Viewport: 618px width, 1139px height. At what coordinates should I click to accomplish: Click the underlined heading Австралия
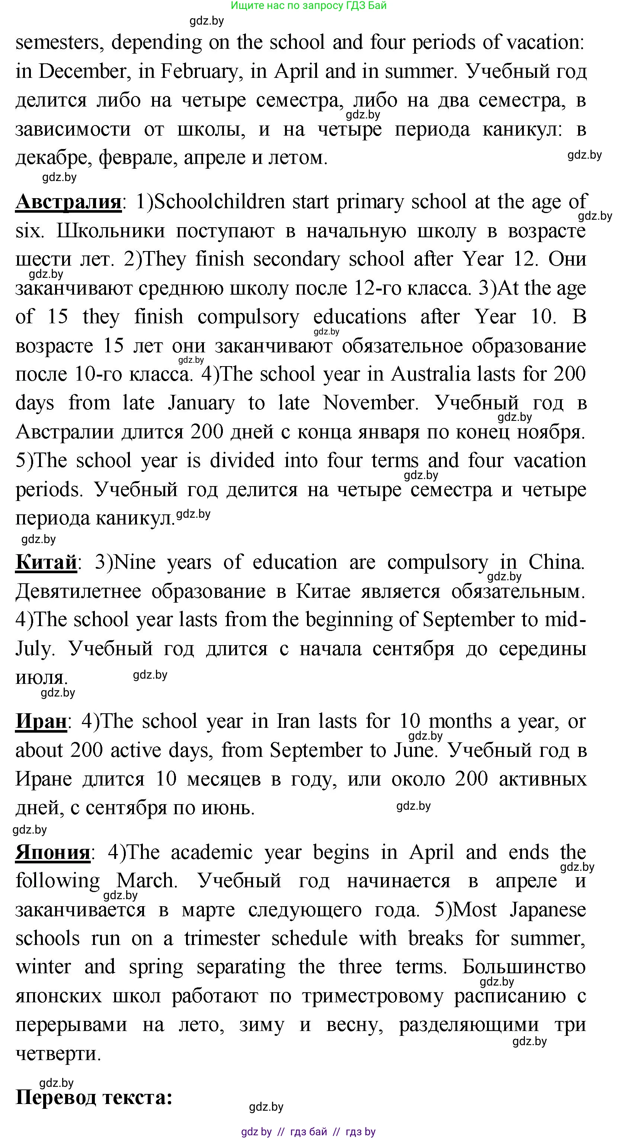pyautogui.click(x=68, y=202)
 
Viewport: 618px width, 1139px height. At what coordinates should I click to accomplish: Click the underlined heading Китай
pyautogui.click(x=46, y=563)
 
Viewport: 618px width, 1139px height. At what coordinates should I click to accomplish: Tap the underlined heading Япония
pyautogui.click(x=52, y=853)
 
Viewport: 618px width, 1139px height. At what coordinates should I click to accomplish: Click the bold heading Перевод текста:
pyautogui.click(x=94, y=1098)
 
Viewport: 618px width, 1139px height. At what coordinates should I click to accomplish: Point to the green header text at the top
pyautogui.click(x=308, y=6)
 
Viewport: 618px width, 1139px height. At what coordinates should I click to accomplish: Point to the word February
pyautogui.click(x=200, y=72)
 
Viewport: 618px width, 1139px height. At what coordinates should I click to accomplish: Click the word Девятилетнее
pyautogui.click(x=78, y=591)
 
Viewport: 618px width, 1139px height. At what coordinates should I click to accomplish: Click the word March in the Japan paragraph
pyautogui.click(x=146, y=881)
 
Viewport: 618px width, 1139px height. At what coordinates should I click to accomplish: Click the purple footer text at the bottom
pyautogui.click(x=308, y=1132)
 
